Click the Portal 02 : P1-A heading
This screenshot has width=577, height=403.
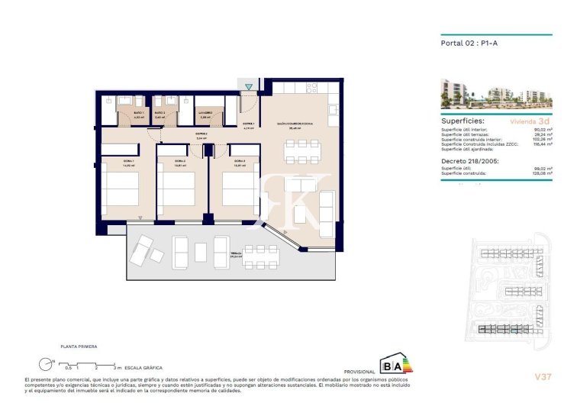[x=466, y=44]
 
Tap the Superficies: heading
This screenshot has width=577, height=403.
[x=464, y=121]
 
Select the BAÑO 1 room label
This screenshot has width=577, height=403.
[x=139, y=113]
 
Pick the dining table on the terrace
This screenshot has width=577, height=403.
[x=262, y=249]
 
